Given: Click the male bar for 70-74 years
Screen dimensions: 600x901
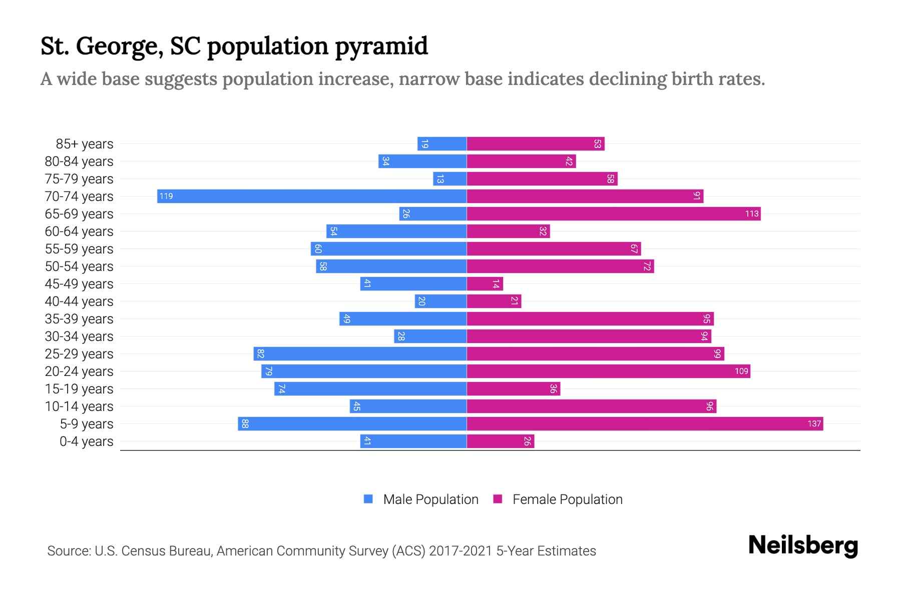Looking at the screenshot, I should [x=312, y=196].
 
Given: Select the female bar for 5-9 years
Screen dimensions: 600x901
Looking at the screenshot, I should [x=645, y=424].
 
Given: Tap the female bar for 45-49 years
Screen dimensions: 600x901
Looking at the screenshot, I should [x=485, y=284].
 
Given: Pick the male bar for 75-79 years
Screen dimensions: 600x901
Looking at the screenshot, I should [x=449, y=179].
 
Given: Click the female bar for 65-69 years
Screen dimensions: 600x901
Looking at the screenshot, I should [x=614, y=214].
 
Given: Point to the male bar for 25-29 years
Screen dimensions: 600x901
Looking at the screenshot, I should [x=360, y=354].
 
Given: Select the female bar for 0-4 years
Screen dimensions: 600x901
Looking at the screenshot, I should [x=501, y=441].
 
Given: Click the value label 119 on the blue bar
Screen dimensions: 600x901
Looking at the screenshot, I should [x=166, y=196].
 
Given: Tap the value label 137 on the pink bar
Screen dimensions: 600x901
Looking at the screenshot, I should [x=814, y=424].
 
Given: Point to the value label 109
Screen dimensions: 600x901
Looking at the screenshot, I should [x=741, y=371].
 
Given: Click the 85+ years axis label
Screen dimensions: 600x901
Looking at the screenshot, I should [x=84, y=144].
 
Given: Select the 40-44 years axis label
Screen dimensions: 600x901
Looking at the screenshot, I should [x=79, y=301].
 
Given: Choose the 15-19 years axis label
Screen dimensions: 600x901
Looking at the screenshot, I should [x=79, y=389].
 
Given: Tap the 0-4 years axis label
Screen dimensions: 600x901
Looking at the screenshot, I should [x=86, y=441].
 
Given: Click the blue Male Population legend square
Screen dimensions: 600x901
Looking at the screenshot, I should [x=368, y=499].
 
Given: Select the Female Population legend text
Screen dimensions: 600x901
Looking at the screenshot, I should [x=567, y=499].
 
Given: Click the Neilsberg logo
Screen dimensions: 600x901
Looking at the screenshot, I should [x=803, y=545].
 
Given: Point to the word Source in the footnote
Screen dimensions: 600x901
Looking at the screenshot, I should [x=69, y=551].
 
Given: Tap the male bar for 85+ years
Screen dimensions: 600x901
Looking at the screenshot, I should [x=442, y=144].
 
